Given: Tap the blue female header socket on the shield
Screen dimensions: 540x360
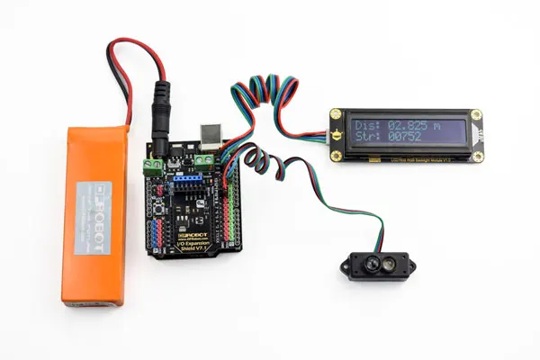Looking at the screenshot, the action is point(187,179).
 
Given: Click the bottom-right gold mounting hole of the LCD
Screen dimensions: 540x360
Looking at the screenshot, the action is point(478,153).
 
